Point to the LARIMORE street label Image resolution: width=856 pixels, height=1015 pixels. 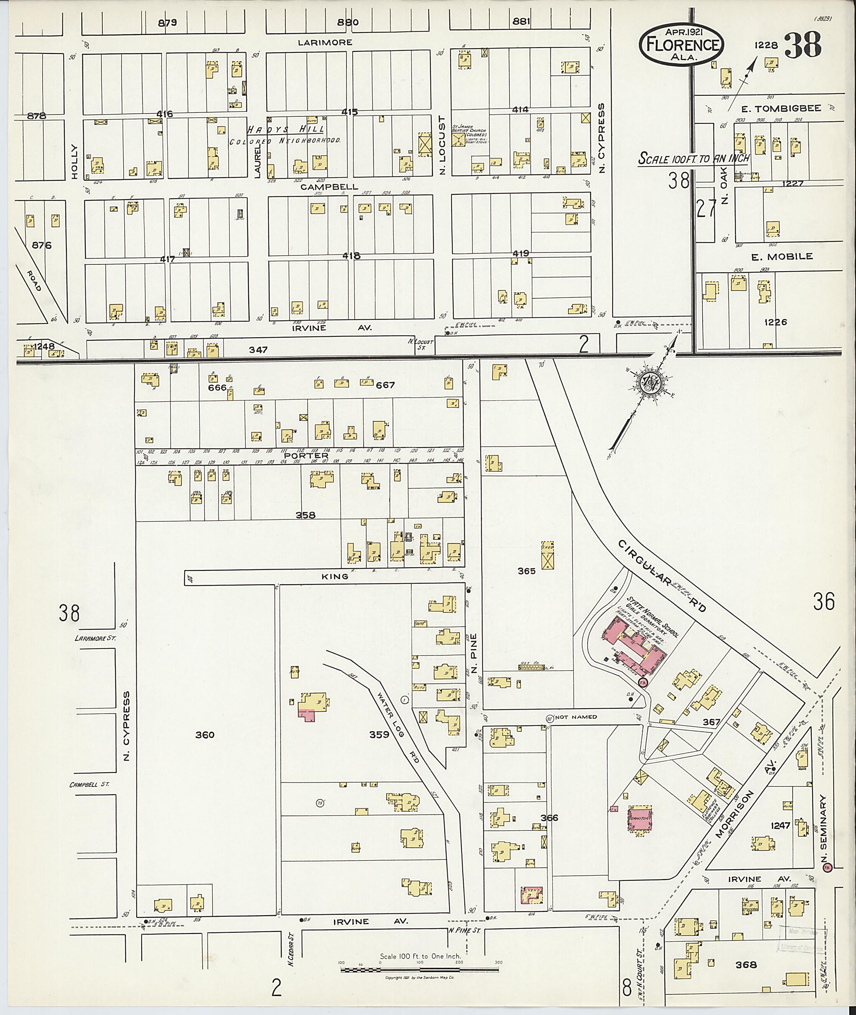point(325,43)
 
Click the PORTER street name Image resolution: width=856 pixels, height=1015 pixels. point(299,455)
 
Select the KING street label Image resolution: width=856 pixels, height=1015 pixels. point(335,576)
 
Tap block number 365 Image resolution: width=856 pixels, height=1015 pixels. point(527,571)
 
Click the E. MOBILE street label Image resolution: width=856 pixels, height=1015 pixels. point(782,257)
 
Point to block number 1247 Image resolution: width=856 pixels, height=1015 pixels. point(780,825)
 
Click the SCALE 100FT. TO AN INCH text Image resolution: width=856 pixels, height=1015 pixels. point(693,158)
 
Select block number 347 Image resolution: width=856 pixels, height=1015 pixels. point(258,349)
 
